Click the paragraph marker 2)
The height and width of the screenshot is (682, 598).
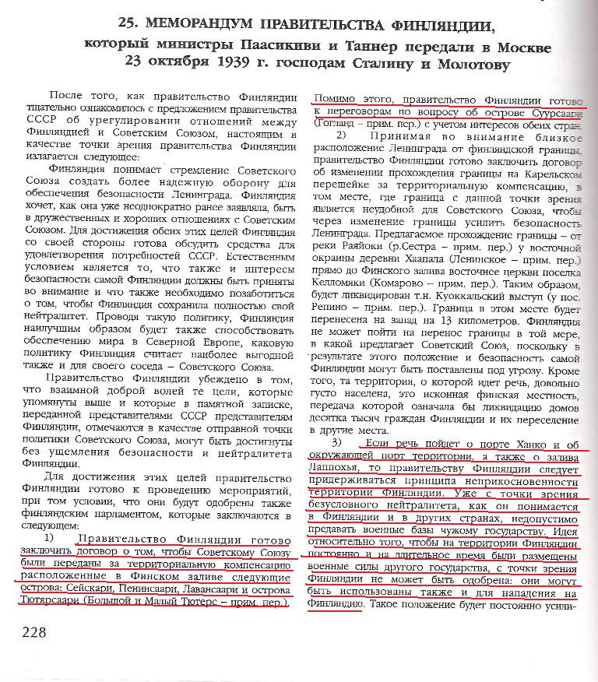(330, 136)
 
